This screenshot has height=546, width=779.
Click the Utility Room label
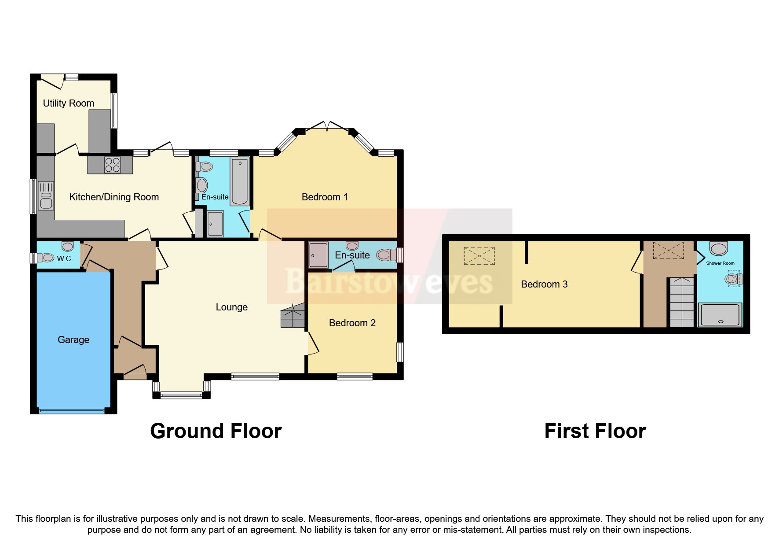pos(68,103)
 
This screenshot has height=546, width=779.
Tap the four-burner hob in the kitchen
pos(113,165)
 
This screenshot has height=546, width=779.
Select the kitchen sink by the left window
pos(46,196)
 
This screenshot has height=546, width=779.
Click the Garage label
pos(73,339)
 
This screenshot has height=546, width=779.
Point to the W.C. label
pos(65,258)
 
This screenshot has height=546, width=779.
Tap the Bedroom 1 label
pos(325,197)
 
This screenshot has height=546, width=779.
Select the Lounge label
pos(231,307)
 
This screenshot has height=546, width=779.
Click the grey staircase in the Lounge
pos(293,316)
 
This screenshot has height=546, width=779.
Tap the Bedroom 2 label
pos(352,323)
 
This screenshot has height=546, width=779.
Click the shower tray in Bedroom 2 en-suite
pos(318,255)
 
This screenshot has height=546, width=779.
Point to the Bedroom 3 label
pos(544,284)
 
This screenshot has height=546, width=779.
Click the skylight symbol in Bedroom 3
pos(479,256)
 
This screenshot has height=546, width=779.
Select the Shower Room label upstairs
pos(720,263)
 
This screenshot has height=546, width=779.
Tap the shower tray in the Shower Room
pos(720,315)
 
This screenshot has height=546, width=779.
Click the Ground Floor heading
pos(216,431)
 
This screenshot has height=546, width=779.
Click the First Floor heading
pos(595,431)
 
